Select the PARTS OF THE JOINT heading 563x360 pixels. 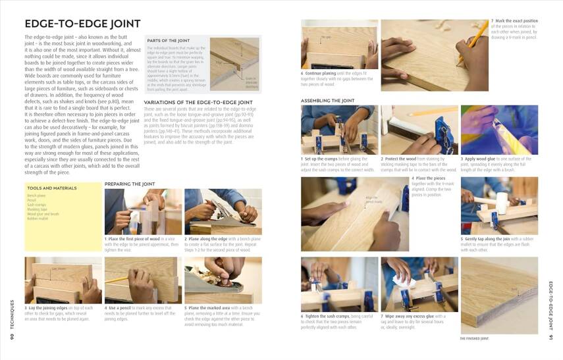tap(167, 41)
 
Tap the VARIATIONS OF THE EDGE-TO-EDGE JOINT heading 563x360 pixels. tap(198, 103)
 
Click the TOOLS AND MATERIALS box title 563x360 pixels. tap(49, 188)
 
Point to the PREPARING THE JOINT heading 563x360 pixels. tap(130, 184)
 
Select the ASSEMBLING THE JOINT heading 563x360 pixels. tap(327, 101)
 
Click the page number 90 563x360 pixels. tap(12, 338)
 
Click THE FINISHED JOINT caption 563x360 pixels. tap(474, 338)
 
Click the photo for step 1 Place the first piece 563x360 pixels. tap(143, 212)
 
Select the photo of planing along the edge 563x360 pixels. tap(223, 212)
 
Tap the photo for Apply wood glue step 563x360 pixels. tap(499, 130)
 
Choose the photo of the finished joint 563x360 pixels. tap(499, 294)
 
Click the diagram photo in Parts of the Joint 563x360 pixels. tap(234, 64)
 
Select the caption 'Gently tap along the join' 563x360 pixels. tap(499, 244)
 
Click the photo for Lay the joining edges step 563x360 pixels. tap(63, 280)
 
